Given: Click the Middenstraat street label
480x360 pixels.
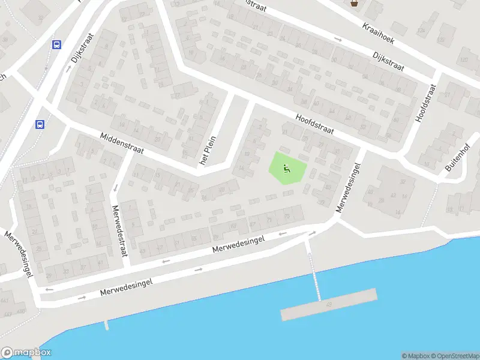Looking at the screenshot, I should coord(122,143).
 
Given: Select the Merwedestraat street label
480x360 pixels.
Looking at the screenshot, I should coord(120,231).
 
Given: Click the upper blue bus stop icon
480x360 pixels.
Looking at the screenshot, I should coord(57,44).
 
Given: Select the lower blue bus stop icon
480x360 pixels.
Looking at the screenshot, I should coord(40,125).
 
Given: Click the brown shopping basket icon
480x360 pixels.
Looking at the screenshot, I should coord(354,3).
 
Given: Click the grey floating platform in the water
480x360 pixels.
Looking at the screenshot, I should coord(329,304).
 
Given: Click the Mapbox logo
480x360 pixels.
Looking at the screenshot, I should coord(26,353).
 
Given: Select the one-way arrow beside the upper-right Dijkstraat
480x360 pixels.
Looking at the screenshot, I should coord(338,40).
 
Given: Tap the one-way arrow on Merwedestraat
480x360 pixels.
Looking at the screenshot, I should coord(115,188).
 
